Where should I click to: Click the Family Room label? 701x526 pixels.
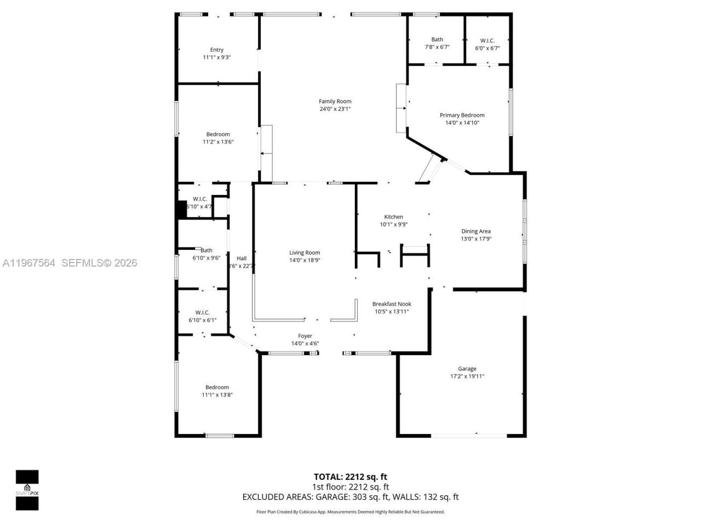click(x=335, y=101)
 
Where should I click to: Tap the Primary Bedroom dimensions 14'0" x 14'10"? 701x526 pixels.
click(x=462, y=123)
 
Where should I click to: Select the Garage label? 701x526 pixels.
click(x=467, y=369)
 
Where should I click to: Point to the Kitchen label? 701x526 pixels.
click(x=394, y=217)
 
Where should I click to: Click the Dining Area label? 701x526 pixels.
click(x=476, y=231)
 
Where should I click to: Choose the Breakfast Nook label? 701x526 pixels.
click(x=392, y=304)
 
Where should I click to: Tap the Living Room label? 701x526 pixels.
click(x=305, y=253)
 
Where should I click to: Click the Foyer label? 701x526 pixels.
click(x=305, y=336)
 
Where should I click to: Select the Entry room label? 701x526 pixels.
click(x=217, y=50)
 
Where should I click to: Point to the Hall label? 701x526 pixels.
click(x=242, y=259)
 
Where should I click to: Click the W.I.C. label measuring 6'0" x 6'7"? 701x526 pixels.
click(x=487, y=41)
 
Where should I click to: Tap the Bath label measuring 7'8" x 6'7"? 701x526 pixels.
click(x=437, y=39)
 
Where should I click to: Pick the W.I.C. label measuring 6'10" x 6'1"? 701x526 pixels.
click(x=203, y=312)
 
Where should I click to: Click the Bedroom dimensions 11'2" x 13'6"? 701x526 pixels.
click(x=218, y=142)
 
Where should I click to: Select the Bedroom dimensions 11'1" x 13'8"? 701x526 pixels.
click(x=217, y=395)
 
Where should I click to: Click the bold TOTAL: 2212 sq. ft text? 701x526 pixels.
click(x=350, y=477)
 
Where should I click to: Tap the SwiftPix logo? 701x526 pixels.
click(x=27, y=490)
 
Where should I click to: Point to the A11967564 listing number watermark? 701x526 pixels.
click(x=28, y=263)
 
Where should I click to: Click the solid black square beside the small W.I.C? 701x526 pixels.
click(x=181, y=210)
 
